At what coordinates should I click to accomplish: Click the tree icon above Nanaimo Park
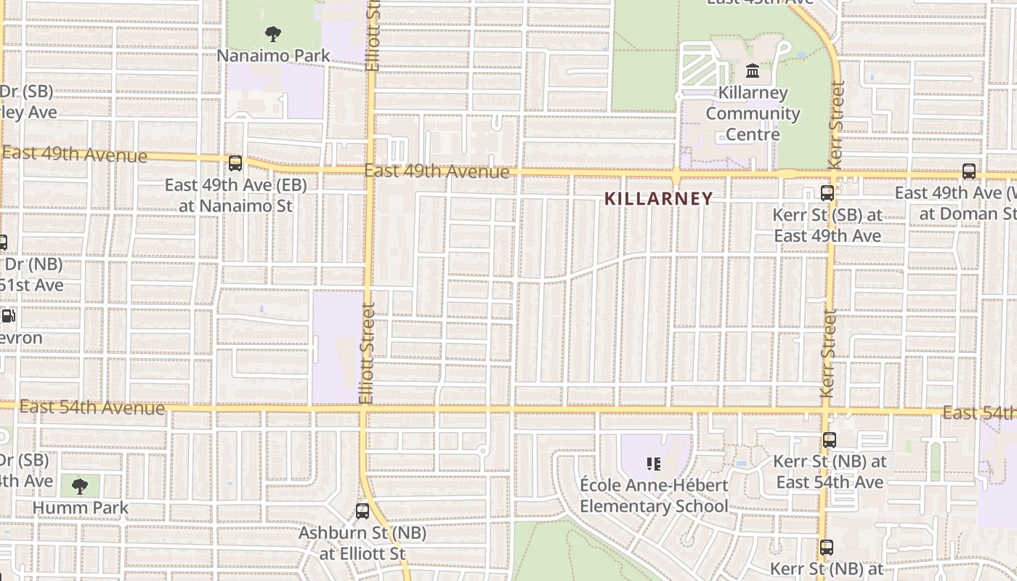(x=273, y=33)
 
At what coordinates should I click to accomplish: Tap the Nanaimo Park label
(x=274, y=55)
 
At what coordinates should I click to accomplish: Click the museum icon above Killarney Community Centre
(x=753, y=72)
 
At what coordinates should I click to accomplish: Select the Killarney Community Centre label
(x=753, y=113)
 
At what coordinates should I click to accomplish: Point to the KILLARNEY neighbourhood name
(x=659, y=198)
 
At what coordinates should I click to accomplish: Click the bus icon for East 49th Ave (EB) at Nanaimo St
(x=235, y=163)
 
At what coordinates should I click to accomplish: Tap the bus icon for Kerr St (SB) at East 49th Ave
(x=827, y=193)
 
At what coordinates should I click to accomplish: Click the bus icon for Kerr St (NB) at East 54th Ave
(x=830, y=440)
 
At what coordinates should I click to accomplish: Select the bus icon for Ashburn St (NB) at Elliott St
(x=362, y=511)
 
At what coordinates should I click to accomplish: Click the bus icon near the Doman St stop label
(x=969, y=171)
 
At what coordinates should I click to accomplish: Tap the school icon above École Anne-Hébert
(x=654, y=463)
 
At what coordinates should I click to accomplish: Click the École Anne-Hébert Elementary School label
(x=654, y=495)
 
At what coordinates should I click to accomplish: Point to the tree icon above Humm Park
(x=80, y=487)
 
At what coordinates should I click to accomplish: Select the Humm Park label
(x=80, y=508)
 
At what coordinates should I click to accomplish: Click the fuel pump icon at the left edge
(x=7, y=316)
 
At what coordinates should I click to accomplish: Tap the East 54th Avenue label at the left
(x=92, y=407)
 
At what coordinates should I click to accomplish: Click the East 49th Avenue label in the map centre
(x=437, y=171)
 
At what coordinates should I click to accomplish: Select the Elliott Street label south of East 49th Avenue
(x=366, y=353)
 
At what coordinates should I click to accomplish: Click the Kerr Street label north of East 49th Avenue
(x=836, y=125)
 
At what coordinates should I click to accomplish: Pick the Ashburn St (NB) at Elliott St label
(x=362, y=543)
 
